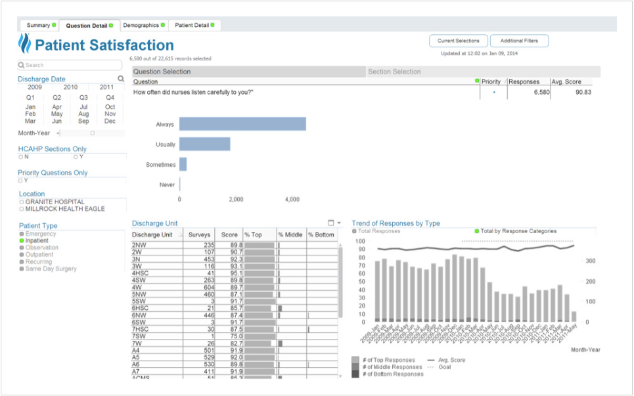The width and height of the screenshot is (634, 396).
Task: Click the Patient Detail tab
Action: coord(194,26)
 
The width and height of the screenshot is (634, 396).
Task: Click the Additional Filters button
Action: coord(519,41)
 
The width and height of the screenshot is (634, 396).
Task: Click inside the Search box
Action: coord(70,65)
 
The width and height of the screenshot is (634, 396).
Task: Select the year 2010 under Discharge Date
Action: coord(70,87)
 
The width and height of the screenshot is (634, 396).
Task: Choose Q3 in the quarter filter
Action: coord(83,97)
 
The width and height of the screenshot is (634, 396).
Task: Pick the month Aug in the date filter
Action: coord(83,114)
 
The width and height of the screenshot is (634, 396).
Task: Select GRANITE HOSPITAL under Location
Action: coord(55,202)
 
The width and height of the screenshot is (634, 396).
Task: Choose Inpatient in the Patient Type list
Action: coord(37,241)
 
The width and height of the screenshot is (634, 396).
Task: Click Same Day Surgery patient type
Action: coord(51,269)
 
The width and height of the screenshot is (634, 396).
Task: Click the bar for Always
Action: coord(242,124)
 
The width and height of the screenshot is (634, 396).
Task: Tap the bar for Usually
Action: coord(204,144)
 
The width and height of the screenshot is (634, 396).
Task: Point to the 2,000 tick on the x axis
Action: coord(236,199)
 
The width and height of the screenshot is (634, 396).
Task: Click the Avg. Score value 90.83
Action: coord(583,93)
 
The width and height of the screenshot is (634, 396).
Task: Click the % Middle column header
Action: coord(290,234)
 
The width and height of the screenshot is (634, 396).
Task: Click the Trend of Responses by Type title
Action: coord(396,223)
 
